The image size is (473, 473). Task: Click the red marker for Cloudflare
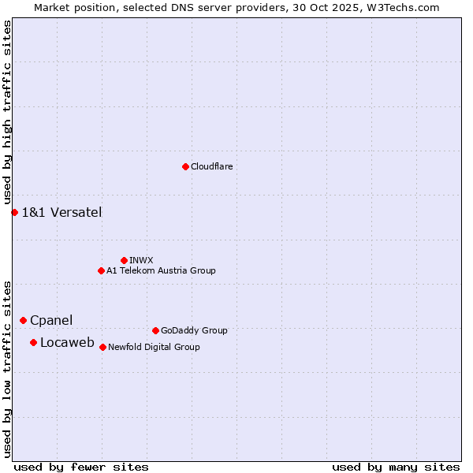(185, 166)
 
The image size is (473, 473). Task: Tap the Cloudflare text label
(211, 166)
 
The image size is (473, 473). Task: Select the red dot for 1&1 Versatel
(14, 212)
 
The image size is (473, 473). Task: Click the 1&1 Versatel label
(61, 212)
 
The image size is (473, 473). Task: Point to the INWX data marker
(124, 260)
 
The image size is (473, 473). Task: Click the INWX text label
(141, 260)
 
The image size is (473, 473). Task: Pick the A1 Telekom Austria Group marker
(101, 270)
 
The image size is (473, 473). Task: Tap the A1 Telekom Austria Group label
(161, 270)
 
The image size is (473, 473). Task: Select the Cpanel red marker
(23, 320)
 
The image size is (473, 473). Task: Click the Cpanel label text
(51, 320)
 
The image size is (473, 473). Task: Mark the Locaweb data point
(33, 342)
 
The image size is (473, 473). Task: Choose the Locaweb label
(67, 342)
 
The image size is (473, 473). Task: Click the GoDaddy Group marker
(155, 330)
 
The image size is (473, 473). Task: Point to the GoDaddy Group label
(194, 330)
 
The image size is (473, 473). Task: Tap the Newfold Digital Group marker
(102, 347)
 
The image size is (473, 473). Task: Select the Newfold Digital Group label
(154, 347)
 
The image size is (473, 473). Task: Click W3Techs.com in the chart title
(407, 7)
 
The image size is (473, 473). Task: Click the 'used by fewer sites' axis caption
(81, 467)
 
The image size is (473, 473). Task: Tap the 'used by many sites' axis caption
(396, 467)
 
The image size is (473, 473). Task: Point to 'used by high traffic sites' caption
(7, 113)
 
